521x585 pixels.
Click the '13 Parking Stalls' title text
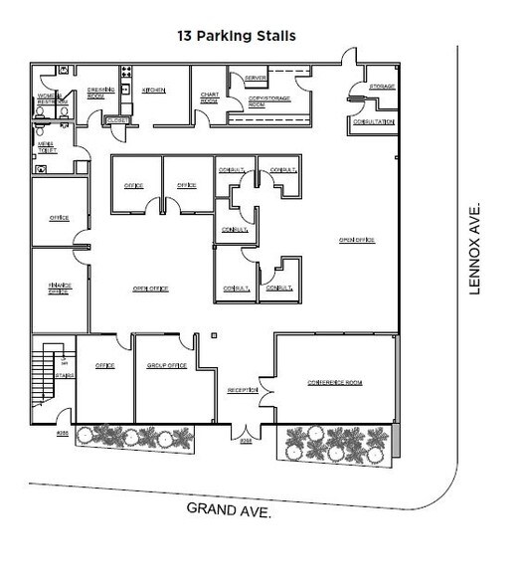pos(237,36)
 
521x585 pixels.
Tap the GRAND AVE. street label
pos(230,509)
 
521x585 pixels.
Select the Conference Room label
pos(333,383)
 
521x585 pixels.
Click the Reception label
pos(243,390)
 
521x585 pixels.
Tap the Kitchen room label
pos(153,91)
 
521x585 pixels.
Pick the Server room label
pos(256,78)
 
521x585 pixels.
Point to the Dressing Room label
pos(96,93)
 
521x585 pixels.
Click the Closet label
pos(116,120)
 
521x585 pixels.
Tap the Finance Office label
pos(59,288)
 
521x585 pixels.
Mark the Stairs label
pos(64,376)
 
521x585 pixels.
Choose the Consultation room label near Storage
pos(374,121)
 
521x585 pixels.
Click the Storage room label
pos(382,87)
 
